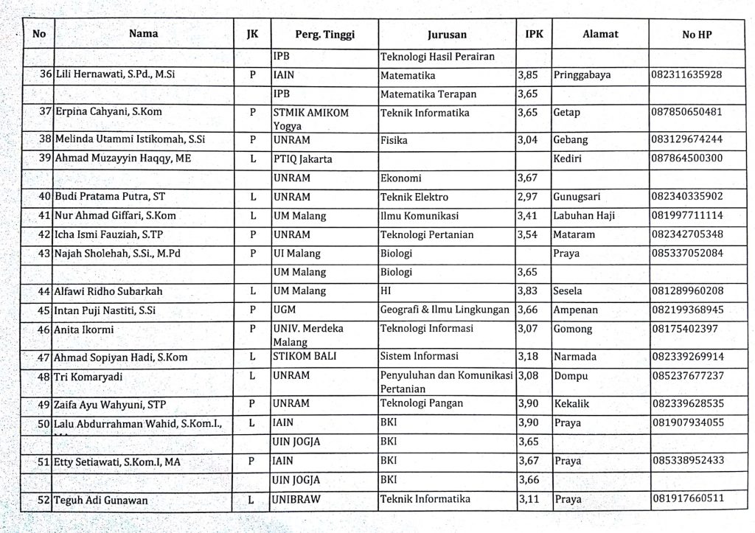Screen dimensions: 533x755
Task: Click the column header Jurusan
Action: coord(447,35)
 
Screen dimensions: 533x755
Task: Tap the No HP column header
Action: coord(697,35)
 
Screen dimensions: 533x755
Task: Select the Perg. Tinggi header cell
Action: coord(324,35)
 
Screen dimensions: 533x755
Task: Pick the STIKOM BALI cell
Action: coord(301,358)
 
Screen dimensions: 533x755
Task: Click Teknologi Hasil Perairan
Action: coord(436,56)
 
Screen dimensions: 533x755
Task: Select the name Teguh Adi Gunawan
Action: coord(102,501)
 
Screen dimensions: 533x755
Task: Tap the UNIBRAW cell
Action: coord(297,499)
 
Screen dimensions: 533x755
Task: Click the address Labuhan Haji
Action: coord(584,216)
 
